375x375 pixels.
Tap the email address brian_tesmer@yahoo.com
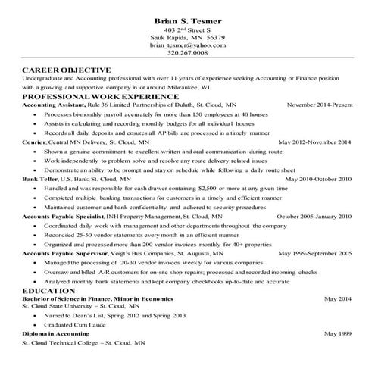[x=189, y=46]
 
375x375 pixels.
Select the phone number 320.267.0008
[x=189, y=55]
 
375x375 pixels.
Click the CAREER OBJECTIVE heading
[x=67, y=70]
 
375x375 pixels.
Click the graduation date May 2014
[x=337, y=299]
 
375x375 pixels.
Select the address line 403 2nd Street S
[x=189, y=30]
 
